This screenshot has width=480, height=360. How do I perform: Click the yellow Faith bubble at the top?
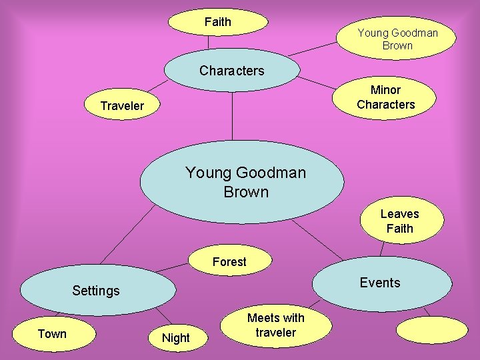click(217, 22)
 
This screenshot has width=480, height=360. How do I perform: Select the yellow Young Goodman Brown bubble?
click(397, 39)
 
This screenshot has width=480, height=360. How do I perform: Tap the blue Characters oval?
click(231, 71)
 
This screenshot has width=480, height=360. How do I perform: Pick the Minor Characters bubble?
click(385, 97)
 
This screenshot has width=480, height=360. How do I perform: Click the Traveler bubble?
click(122, 105)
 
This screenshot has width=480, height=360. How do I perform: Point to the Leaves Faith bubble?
click(399, 221)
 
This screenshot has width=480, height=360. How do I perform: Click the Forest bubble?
click(229, 262)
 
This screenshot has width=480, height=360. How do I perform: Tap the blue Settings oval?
click(97, 290)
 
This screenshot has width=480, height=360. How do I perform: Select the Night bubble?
click(176, 337)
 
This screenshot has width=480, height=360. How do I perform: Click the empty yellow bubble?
click(432, 329)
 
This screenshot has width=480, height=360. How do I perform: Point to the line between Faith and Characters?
click(209, 42)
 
